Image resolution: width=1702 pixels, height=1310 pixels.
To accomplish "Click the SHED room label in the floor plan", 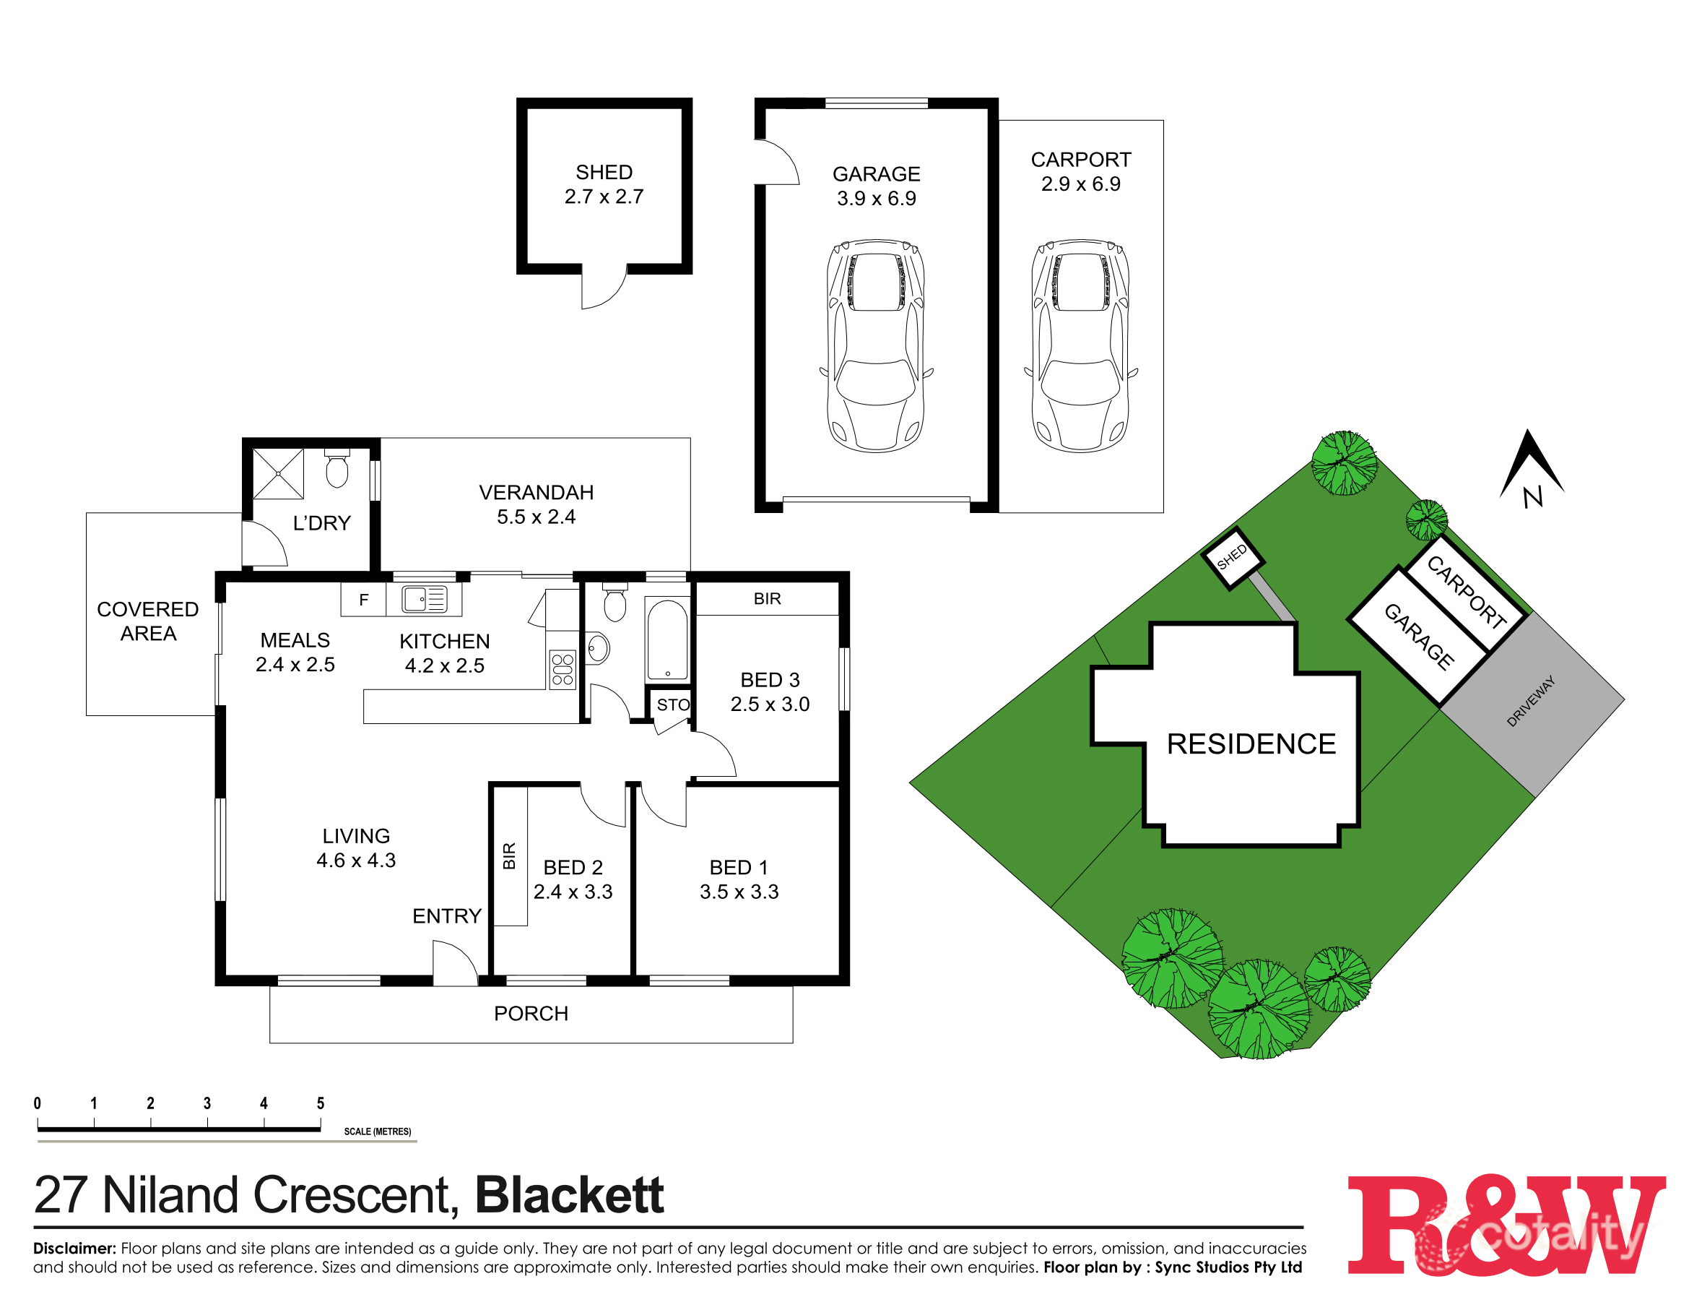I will tap(604, 172).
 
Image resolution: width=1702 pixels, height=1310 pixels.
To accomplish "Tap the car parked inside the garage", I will tap(876, 345).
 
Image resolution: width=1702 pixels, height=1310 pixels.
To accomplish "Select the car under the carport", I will tap(1081, 345).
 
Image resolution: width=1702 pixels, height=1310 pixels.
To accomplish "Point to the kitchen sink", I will tap(424, 600).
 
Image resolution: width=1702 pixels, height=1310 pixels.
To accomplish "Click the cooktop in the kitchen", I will tap(563, 670).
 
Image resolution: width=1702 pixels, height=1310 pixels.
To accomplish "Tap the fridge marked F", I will tap(363, 600).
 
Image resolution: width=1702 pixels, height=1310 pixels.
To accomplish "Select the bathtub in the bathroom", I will tap(668, 640).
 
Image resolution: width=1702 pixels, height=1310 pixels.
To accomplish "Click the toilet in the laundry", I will tap(337, 469).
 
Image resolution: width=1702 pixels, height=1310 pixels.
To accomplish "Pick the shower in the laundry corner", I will tap(278, 473).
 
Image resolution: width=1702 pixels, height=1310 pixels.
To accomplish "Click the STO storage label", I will tap(672, 705).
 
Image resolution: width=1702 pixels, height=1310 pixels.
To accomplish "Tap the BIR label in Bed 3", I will tap(767, 599).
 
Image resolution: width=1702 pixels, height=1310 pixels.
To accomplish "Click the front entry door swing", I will tap(453, 965).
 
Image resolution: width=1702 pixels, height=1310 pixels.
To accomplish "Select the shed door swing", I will tap(602, 287).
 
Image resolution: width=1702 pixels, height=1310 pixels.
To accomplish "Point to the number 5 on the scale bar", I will tap(321, 1103).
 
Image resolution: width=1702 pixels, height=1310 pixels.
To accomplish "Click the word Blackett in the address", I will tap(569, 1194).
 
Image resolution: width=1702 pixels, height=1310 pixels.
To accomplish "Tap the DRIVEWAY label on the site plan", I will tap(1531, 701).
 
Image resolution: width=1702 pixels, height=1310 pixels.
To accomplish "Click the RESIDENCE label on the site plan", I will tap(1251, 744).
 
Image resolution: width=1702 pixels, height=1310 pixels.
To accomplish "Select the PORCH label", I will tap(531, 1014).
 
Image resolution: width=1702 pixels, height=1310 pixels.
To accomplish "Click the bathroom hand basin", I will tap(598, 648).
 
